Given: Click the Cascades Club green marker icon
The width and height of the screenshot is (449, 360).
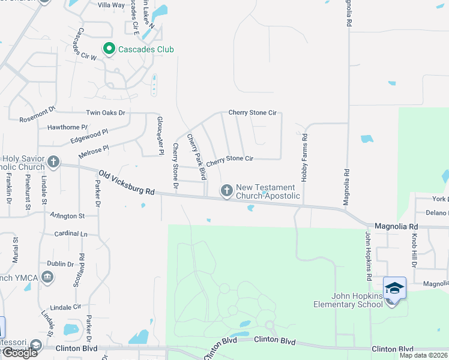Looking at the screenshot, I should tap(109, 49).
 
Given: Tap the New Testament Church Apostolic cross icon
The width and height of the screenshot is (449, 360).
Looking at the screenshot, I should tap(226, 191).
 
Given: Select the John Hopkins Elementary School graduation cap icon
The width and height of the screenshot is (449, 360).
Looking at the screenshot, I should tap(394, 289).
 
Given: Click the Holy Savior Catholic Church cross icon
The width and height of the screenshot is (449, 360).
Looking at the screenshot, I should tap(53, 161).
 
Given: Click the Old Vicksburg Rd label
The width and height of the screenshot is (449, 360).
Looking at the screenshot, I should tap(127, 182).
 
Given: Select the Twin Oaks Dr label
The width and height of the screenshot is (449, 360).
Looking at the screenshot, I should tap(106, 112).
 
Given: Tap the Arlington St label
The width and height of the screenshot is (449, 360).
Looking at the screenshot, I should tap(67, 216).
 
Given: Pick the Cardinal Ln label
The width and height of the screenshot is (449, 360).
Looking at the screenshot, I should tap(70, 233).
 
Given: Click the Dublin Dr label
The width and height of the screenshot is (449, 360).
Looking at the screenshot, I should tap(61, 263).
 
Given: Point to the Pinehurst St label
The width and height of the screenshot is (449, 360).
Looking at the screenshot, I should tap(28, 192).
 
